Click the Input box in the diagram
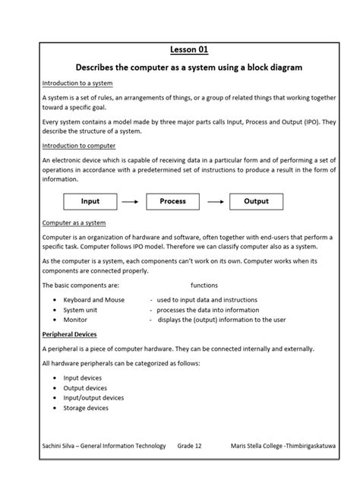pyautogui.click(x=90, y=202)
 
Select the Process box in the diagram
pyautogui.click(x=173, y=202)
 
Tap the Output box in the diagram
pyautogui.click(x=256, y=202)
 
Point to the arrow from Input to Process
pyautogui.click(x=131, y=202)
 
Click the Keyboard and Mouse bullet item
pyautogui.click(x=93, y=300)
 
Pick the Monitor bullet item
pyautogui.click(x=75, y=320)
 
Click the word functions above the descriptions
pyautogui.click(x=204, y=285)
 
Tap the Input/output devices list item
pyautogui.click(x=93, y=397)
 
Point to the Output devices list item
pyautogui.click(x=85, y=387)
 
